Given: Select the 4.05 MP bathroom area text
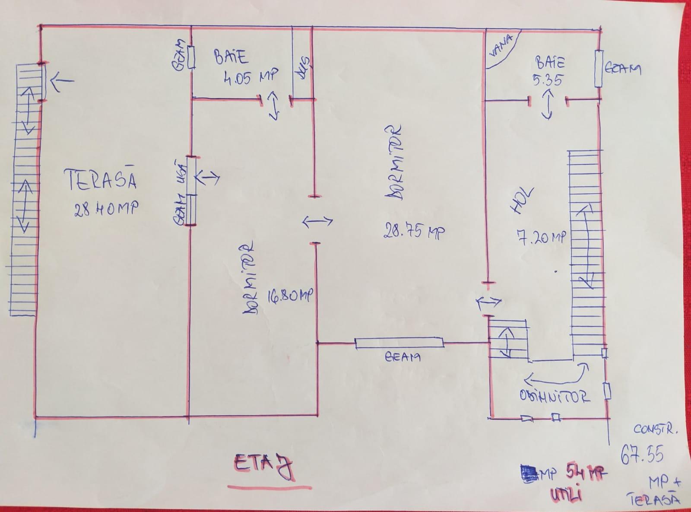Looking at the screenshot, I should tap(251, 77).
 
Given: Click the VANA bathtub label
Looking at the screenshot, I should tap(501, 46).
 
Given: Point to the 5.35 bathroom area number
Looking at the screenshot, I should tap(548, 80).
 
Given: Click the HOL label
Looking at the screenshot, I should tap(523, 201).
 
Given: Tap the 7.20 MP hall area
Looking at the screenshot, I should tap(541, 237).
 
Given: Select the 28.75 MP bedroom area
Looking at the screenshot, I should tap(414, 232).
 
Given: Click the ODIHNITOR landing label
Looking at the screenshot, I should tap(555, 397).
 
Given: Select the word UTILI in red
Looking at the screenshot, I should tap(566, 493).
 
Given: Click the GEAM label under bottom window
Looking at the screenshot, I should tap(402, 357).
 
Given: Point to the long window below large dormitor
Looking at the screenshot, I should tap(399, 343).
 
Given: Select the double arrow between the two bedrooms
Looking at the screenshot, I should tap(317, 222).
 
